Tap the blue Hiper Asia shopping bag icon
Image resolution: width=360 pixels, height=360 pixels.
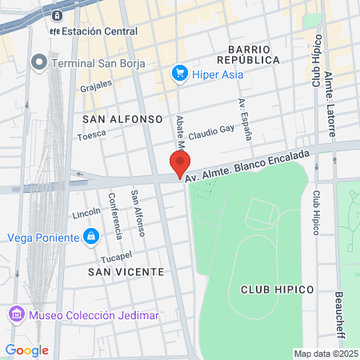tap(179, 74)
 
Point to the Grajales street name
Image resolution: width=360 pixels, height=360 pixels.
tap(97, 86)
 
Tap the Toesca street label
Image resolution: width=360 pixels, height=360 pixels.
tap(90, 136)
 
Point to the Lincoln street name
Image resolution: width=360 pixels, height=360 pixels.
tap(86, 213)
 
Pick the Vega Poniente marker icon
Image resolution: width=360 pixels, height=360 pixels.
tap(91, 237)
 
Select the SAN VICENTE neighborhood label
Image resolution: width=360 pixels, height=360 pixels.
tap(126, 272)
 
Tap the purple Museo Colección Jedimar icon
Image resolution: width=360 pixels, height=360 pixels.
tap(15, 314)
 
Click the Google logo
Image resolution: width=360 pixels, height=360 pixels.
tap(26, 350)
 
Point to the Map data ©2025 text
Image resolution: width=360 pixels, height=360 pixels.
tap(325, 354)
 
